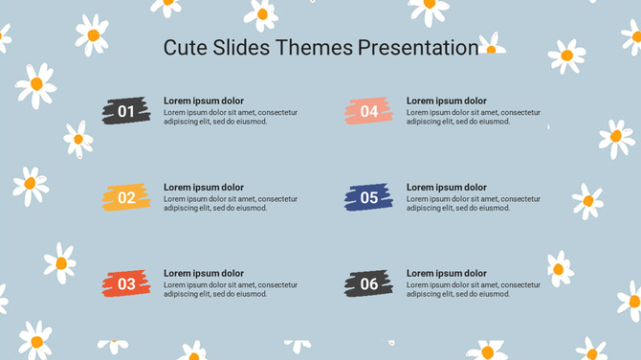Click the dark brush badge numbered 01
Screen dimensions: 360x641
coord(126,111)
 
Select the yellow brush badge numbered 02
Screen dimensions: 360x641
coord(126,197)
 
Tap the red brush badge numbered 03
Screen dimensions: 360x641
coord(126,283)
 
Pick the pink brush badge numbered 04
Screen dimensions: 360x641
coord(369,111)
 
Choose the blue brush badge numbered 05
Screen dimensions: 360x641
coord(369,197)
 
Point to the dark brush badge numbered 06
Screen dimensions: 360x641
coord(369,283)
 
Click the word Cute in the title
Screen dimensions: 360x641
coord(185,48)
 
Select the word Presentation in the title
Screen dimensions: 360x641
coord(418,48)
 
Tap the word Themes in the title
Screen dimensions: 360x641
coord(315,48)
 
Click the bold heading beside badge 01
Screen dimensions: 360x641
coord(204,101)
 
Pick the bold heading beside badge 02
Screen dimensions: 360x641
coord(204,188)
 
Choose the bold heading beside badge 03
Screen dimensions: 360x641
coord(204,274)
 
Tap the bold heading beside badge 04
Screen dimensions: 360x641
coord(447,101)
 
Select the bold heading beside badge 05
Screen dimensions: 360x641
coord(447,188)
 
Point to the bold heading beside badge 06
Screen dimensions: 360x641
coord(447,274)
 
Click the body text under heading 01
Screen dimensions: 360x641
coord(230,117)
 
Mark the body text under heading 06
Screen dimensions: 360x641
coord(473,289)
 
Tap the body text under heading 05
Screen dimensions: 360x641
coord(473,203)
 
